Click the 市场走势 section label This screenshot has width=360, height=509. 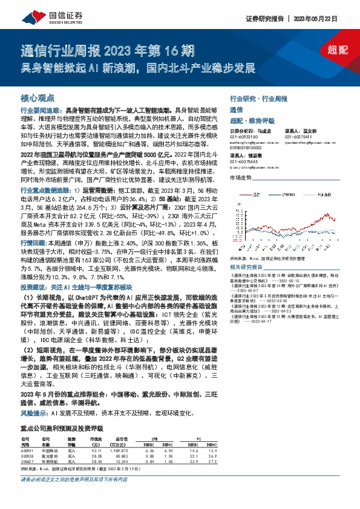click(240, 177)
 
